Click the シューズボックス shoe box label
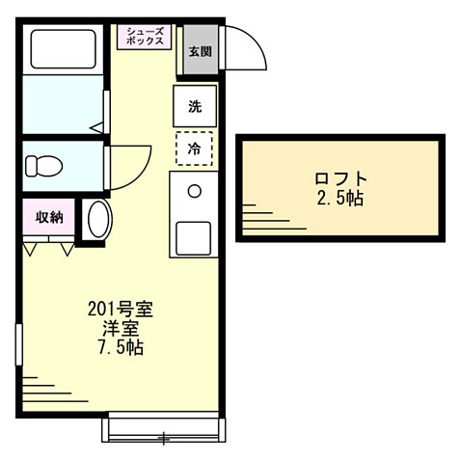[145, 37]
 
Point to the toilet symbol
[42, 165]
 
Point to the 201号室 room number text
[121, 310]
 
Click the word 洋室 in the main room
[121, 328]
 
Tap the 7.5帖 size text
[121, 347]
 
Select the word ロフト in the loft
[340, 178]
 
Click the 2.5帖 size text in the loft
[340, 199]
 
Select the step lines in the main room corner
[43, 386]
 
